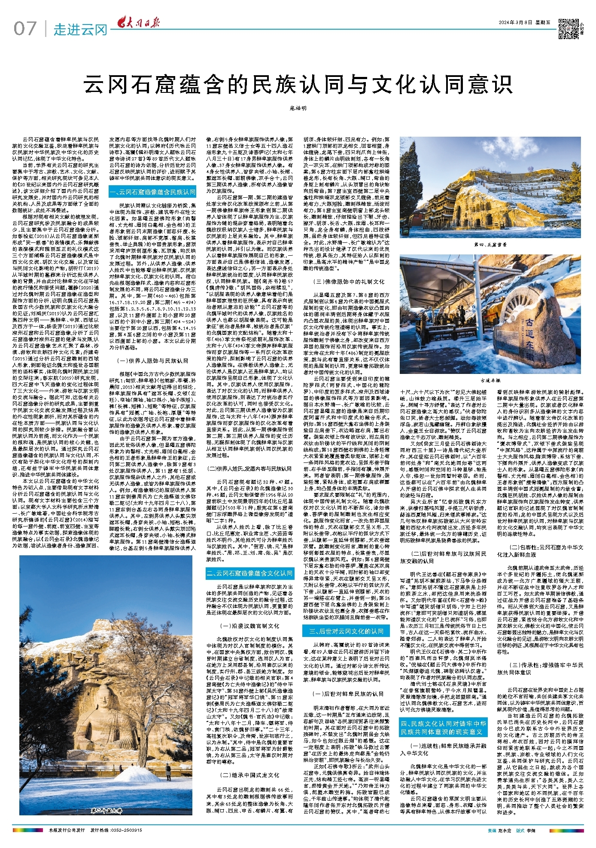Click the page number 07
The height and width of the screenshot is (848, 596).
pos(25,29)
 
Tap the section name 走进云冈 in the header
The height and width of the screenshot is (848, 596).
pos(80,30)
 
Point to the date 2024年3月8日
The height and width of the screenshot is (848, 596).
pos(516,22)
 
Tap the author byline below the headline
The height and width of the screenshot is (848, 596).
pos(298,108)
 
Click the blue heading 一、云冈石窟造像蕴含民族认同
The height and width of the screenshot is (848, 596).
pos(152,192)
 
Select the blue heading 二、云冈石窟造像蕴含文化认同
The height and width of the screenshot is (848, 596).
pos(249,573)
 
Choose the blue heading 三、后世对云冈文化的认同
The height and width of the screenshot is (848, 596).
pos(347,631)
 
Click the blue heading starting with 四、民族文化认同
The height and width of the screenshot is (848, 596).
pos(443,728)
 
